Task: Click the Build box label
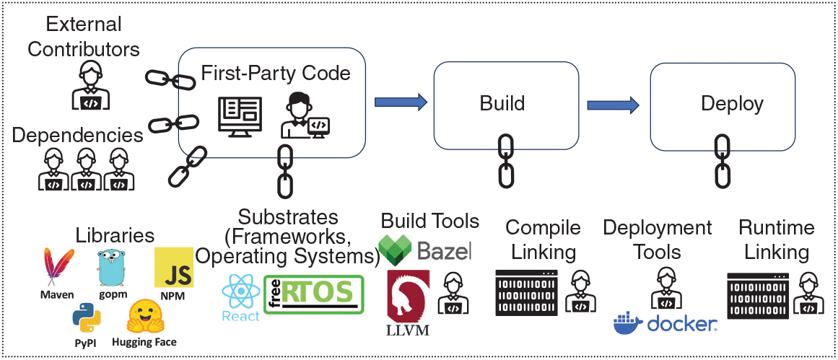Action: [502, 103]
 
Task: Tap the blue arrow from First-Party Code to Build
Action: [401, 102]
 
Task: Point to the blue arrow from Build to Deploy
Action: [613, 105]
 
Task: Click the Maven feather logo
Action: [58, 268]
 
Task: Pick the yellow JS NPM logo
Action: [173, 268]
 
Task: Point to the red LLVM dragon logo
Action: [409, 296]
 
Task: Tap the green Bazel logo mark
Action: [396, 249]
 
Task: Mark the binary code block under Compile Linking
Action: [527, 293]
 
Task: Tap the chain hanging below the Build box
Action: [506, 159]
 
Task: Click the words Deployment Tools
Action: [658, 240]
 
